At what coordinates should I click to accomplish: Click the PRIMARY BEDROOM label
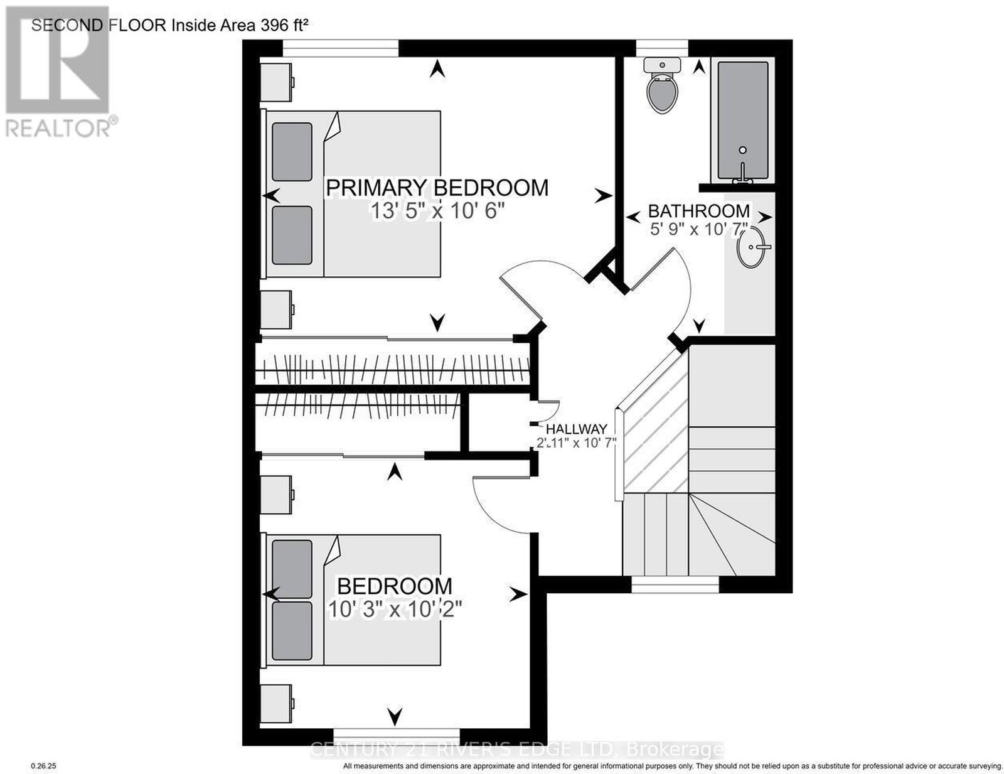437,188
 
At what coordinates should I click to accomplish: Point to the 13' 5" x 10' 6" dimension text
437,212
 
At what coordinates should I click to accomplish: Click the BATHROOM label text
698,211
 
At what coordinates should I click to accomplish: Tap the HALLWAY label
576,429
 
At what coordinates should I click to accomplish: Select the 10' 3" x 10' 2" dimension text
395,609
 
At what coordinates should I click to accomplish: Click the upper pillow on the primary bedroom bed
292,151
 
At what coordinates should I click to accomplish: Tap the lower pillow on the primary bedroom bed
292,235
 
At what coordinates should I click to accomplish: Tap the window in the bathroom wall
661,48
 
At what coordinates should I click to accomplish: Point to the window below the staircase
675,584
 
